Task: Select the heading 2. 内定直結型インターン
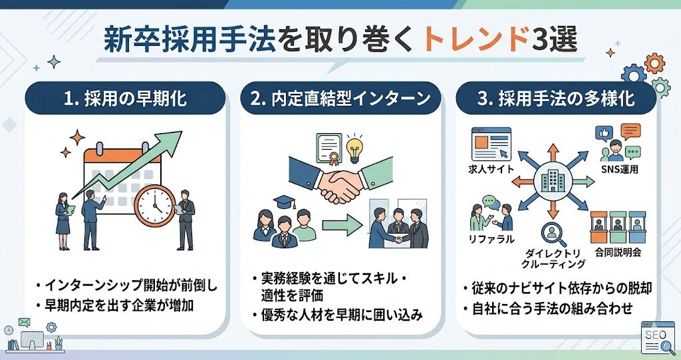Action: coord(341,100)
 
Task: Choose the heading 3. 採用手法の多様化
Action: coord(555,100)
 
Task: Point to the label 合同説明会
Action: coord(619,253)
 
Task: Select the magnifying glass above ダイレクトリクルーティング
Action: coord(551,233)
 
